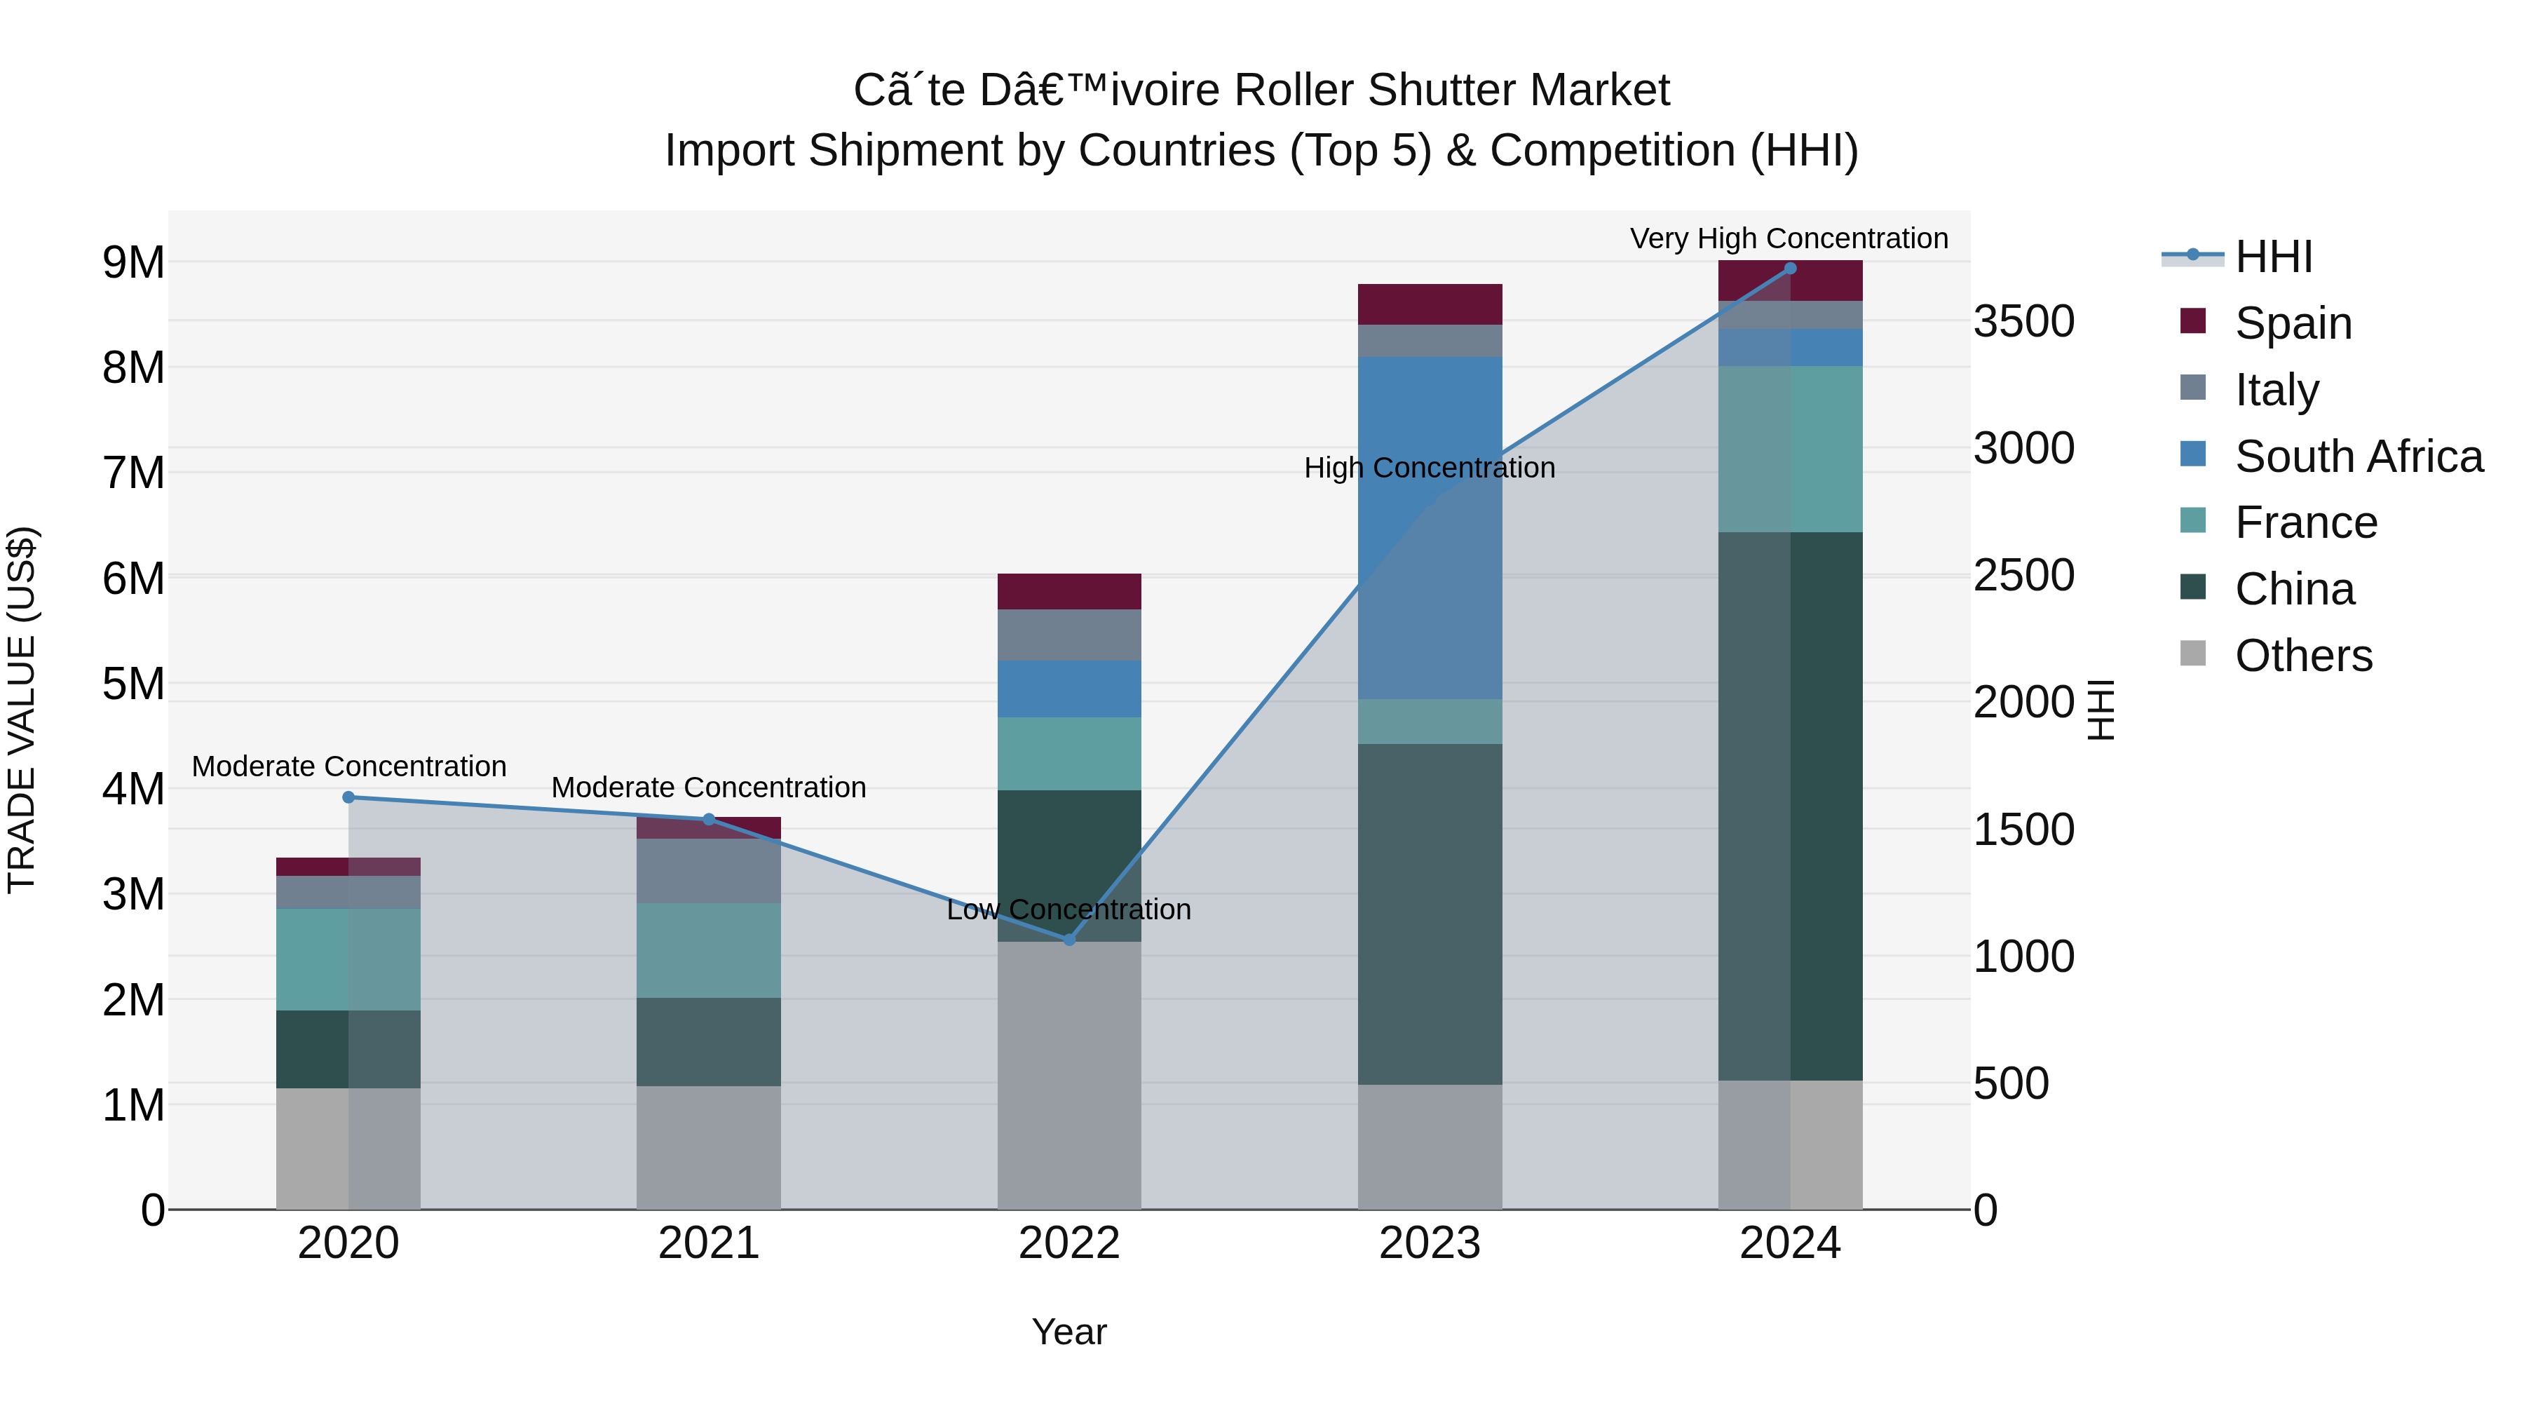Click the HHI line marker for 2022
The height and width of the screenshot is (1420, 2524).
click(1069, 940)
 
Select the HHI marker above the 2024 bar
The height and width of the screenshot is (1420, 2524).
click(1790, 269)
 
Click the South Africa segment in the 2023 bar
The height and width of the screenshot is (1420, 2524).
click(1430, 529)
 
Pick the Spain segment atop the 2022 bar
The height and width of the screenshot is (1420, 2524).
click(1069, 592)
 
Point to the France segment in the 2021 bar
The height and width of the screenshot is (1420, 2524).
click(708, 951)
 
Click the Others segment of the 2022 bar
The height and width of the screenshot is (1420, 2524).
click(1069, 1076)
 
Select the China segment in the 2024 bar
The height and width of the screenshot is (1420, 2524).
click(1790, 806)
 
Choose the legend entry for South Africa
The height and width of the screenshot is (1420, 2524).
click(2359, 457)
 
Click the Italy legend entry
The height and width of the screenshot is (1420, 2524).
click(2276, 390)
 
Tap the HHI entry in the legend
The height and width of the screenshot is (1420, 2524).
click(2273, 257)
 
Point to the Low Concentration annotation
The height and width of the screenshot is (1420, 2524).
click(1069, 910)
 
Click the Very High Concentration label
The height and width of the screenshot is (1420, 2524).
click(1789, 238)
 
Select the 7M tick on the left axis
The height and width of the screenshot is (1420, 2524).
click(133, 473)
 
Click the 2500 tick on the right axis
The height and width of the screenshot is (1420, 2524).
click(2023, 575)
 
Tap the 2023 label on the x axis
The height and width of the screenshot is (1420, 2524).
click(1430, 1243)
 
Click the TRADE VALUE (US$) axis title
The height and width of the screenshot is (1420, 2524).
click(22, 710)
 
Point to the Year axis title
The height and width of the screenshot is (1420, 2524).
click(1069, 1332)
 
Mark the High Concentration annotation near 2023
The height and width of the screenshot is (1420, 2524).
click(1430, 468)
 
